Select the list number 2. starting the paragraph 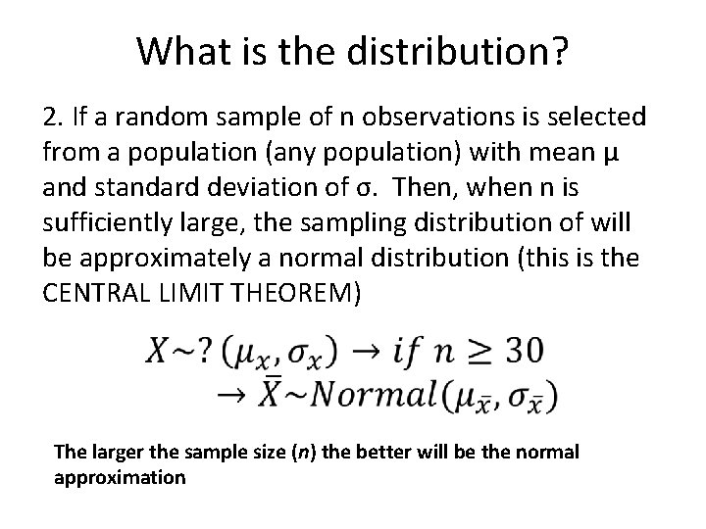point(56,119)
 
